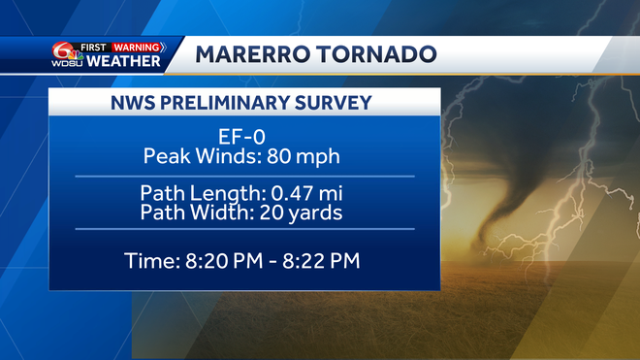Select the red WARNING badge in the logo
(x=137, y=46)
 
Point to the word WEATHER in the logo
(x=123, y=62)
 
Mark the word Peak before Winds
(x=166, y=154)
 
